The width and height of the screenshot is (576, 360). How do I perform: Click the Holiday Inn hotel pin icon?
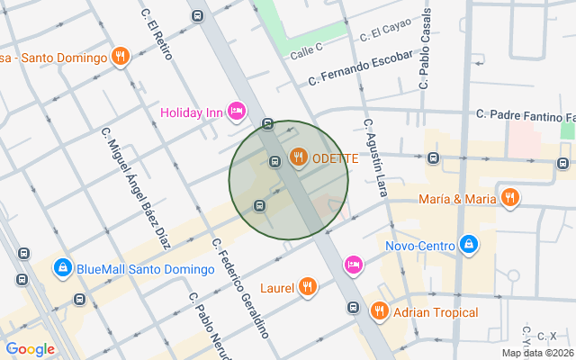pos(237,111)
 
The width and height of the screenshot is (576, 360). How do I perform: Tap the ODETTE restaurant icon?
pos(299,158)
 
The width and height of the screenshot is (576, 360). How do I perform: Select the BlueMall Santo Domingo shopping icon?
pos(62,267)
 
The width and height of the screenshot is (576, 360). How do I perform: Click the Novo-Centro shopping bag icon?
pos(468,244)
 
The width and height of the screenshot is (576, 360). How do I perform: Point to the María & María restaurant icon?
pos(510,198)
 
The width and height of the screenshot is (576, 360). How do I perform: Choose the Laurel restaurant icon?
pos(308,287)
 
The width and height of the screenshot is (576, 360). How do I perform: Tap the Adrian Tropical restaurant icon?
pos(378,311)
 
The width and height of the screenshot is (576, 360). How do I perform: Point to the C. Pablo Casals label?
pos(425,49)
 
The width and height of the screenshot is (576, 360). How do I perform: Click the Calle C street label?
pos(307,52)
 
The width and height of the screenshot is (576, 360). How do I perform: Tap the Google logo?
pos(30,349)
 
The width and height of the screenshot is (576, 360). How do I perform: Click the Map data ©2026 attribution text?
pos(537,353)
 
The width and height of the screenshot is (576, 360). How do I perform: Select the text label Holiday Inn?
pos(192,112)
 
